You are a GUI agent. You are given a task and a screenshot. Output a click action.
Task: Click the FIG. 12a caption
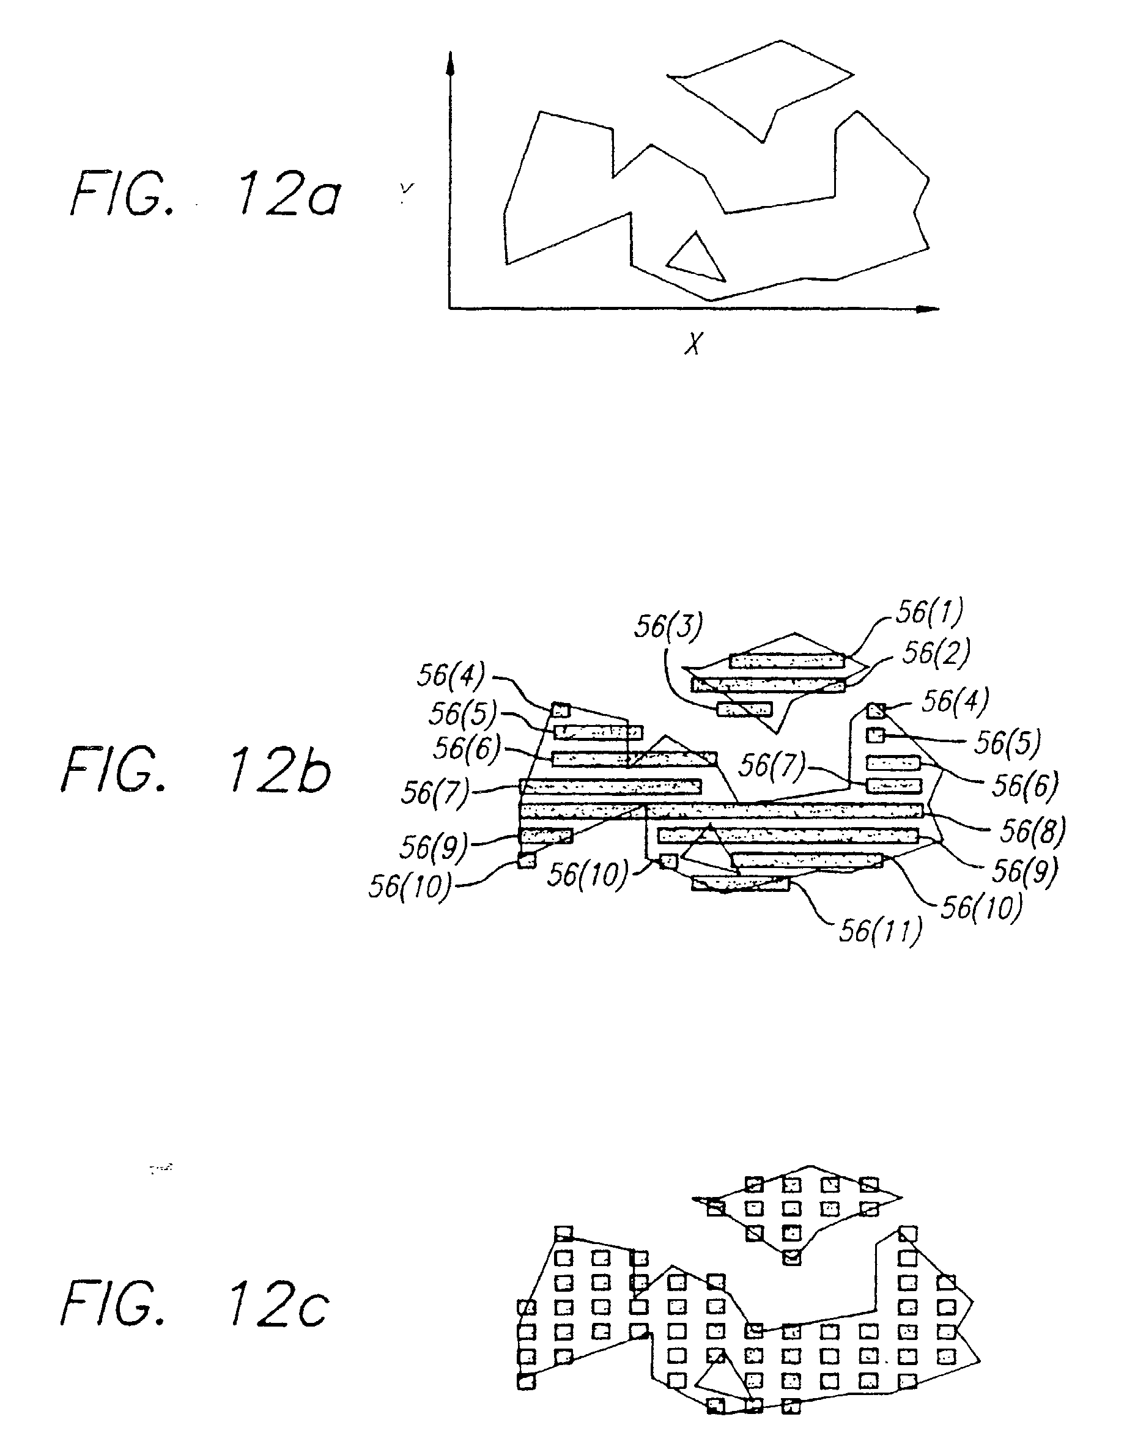point(206,194)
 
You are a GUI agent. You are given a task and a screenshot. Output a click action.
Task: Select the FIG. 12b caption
point(197,770)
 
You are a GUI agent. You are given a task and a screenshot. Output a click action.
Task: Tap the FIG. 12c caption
point(195,1304)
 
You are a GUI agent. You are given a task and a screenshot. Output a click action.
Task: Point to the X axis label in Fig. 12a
point(693,343)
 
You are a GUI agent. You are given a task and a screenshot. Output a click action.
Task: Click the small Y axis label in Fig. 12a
point(407,190)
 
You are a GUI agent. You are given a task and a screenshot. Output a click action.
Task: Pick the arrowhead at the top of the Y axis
point(450,63)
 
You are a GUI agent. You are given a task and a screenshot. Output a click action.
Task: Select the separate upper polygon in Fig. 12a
point(760,91)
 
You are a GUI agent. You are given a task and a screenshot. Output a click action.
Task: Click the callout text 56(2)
point(936,652)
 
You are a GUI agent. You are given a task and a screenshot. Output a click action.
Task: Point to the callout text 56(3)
point(668,627)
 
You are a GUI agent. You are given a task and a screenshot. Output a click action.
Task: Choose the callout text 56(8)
point(1033,830)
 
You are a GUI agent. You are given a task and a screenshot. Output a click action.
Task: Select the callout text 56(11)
point(881,930)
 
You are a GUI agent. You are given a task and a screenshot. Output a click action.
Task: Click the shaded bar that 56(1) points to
point(788,660)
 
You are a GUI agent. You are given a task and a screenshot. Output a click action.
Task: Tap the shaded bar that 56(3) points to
point(744,709)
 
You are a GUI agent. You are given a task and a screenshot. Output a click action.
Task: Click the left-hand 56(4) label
point(451,675)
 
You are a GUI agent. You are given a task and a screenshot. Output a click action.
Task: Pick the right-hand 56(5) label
point(1007,742)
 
